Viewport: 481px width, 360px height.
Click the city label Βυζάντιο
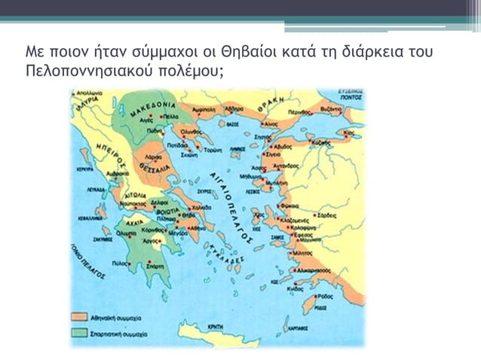352,109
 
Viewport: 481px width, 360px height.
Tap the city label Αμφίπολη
204,109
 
